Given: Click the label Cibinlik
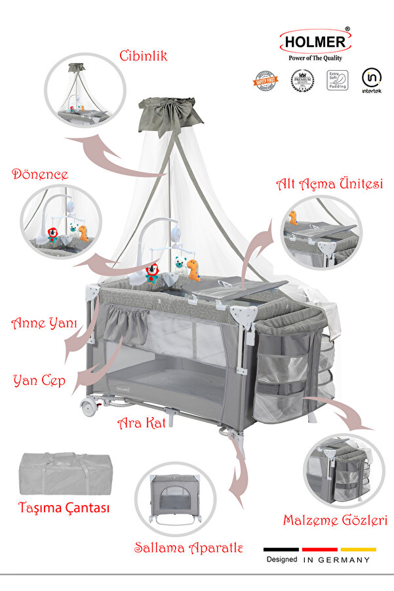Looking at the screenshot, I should pos(143,56).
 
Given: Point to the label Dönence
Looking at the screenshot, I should pos(40,174).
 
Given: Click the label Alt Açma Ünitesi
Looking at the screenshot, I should pos(329,184).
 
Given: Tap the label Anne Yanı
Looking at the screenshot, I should pos(45,323).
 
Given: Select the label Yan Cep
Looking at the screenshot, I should pos(39,380).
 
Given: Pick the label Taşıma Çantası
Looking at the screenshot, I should pos(64,508).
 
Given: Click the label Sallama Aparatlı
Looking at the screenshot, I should pos(189,548).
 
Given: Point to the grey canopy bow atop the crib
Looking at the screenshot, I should pos(170,112).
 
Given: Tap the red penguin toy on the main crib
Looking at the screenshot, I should pos(152,272).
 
